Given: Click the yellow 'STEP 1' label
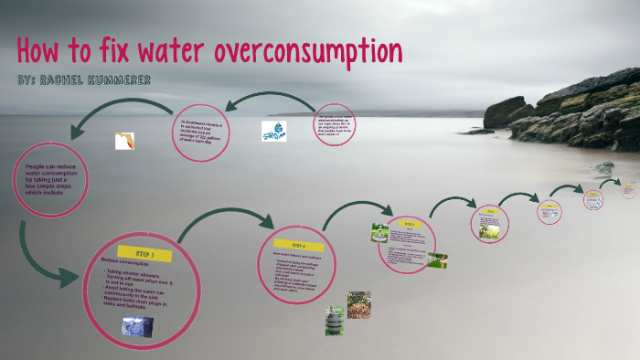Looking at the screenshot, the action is click(144, 252).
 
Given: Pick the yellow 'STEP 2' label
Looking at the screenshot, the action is click(297, 246).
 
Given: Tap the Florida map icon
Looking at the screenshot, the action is click(124, 141).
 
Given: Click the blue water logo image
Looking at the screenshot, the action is click(273, 131).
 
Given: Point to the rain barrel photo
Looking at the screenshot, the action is click(334, 320).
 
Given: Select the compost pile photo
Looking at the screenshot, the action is click(358, 304).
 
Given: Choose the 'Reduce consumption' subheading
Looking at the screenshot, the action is click(129, 262).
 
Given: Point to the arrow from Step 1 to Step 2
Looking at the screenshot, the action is click(225, 225).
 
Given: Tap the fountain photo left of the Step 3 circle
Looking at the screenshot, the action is click(379, 232).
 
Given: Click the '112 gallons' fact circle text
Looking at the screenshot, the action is click(200, 132).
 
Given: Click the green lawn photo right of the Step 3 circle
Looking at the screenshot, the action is click(437, 259).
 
